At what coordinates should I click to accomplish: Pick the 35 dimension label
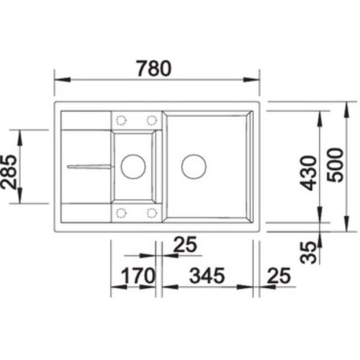309,252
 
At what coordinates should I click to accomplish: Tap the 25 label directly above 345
185,245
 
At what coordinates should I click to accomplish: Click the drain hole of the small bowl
132,167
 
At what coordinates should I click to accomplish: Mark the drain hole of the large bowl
193,166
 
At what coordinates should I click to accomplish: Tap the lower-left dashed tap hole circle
121,212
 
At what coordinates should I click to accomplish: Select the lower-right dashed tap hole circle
152,212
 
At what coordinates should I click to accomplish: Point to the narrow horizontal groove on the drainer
89,166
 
